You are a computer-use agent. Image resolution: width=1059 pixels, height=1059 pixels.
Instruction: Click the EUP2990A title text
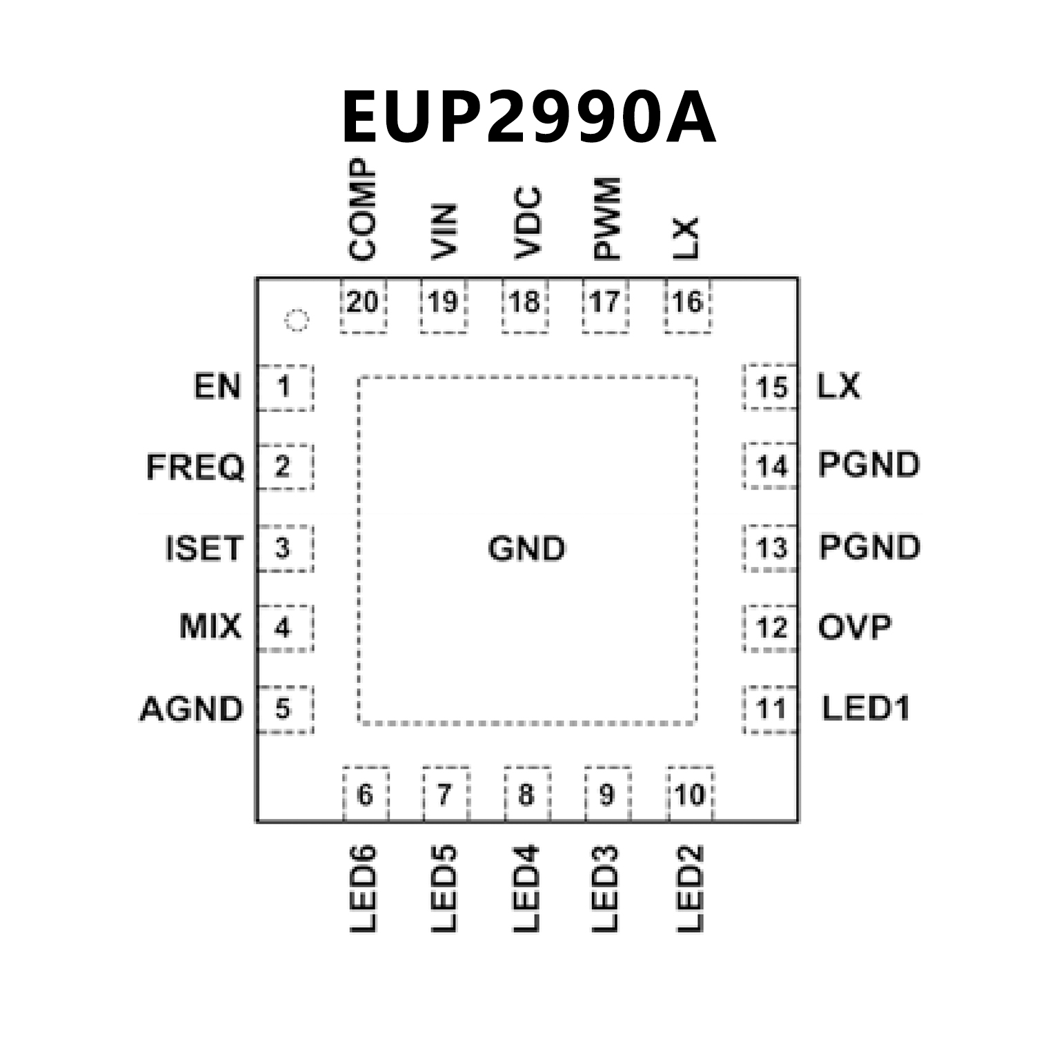pos(528,117)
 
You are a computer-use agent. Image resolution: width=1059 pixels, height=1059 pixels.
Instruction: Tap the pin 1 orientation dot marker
pos(297,319)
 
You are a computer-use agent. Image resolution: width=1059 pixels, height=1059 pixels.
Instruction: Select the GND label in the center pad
pos(526,549)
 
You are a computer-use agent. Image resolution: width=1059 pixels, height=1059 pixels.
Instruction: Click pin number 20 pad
pos(363,304)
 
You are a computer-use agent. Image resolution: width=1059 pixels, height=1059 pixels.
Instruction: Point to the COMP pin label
pos(363,210)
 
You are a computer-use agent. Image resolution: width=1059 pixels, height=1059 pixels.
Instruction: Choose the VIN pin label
pos(444,232)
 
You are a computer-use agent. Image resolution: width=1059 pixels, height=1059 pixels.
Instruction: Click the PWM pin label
pos(607,218)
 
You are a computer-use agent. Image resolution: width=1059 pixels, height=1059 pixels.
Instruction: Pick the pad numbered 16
pos(687,304)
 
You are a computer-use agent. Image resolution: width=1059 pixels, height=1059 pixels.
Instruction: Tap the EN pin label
pos(217,386)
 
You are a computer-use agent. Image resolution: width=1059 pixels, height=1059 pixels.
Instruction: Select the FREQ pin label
pos(195,467)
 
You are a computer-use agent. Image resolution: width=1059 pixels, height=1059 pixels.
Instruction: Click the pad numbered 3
pos(283,548)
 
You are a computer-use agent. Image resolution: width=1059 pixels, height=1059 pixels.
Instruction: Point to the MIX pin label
pos(210,626)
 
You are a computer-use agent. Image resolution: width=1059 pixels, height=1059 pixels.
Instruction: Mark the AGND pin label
pos(192,709)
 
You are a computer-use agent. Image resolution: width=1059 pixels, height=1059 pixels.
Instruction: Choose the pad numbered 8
pos(526,795)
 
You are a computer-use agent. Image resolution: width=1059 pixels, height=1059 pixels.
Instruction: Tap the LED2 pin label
pos(690,889)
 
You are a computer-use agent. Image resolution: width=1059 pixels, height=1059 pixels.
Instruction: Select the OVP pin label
pos(855,627)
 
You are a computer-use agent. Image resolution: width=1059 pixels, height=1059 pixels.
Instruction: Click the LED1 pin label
pos(866,709)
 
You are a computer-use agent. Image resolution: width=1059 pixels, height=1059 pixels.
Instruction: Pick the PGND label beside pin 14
pos(869,465)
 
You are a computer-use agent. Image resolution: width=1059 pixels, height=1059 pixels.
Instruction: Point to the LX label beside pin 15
pos(838,386)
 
